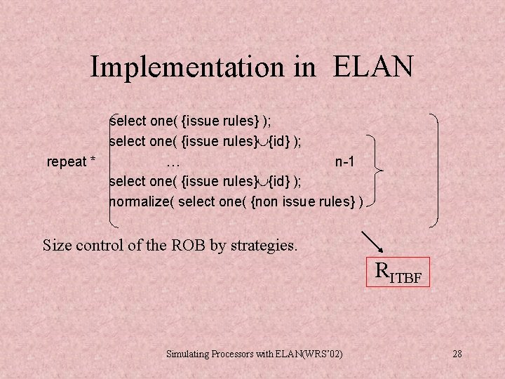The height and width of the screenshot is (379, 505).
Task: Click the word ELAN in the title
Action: (373, 67)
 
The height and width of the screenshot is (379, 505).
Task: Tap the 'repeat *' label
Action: (72, 162)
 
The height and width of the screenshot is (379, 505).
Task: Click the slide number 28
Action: (457, 354)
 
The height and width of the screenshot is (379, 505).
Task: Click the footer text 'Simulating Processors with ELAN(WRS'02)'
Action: (255, 354)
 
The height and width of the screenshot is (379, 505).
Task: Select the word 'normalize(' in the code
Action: (142, 202)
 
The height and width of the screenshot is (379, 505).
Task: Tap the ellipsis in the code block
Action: (174, 163)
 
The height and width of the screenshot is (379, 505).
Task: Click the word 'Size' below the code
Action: (57, 246)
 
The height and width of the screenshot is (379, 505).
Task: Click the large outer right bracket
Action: (436, 168)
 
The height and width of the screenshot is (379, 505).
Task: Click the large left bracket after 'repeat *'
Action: (112, 168)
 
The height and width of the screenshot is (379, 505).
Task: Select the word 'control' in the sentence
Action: (100, 246)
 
